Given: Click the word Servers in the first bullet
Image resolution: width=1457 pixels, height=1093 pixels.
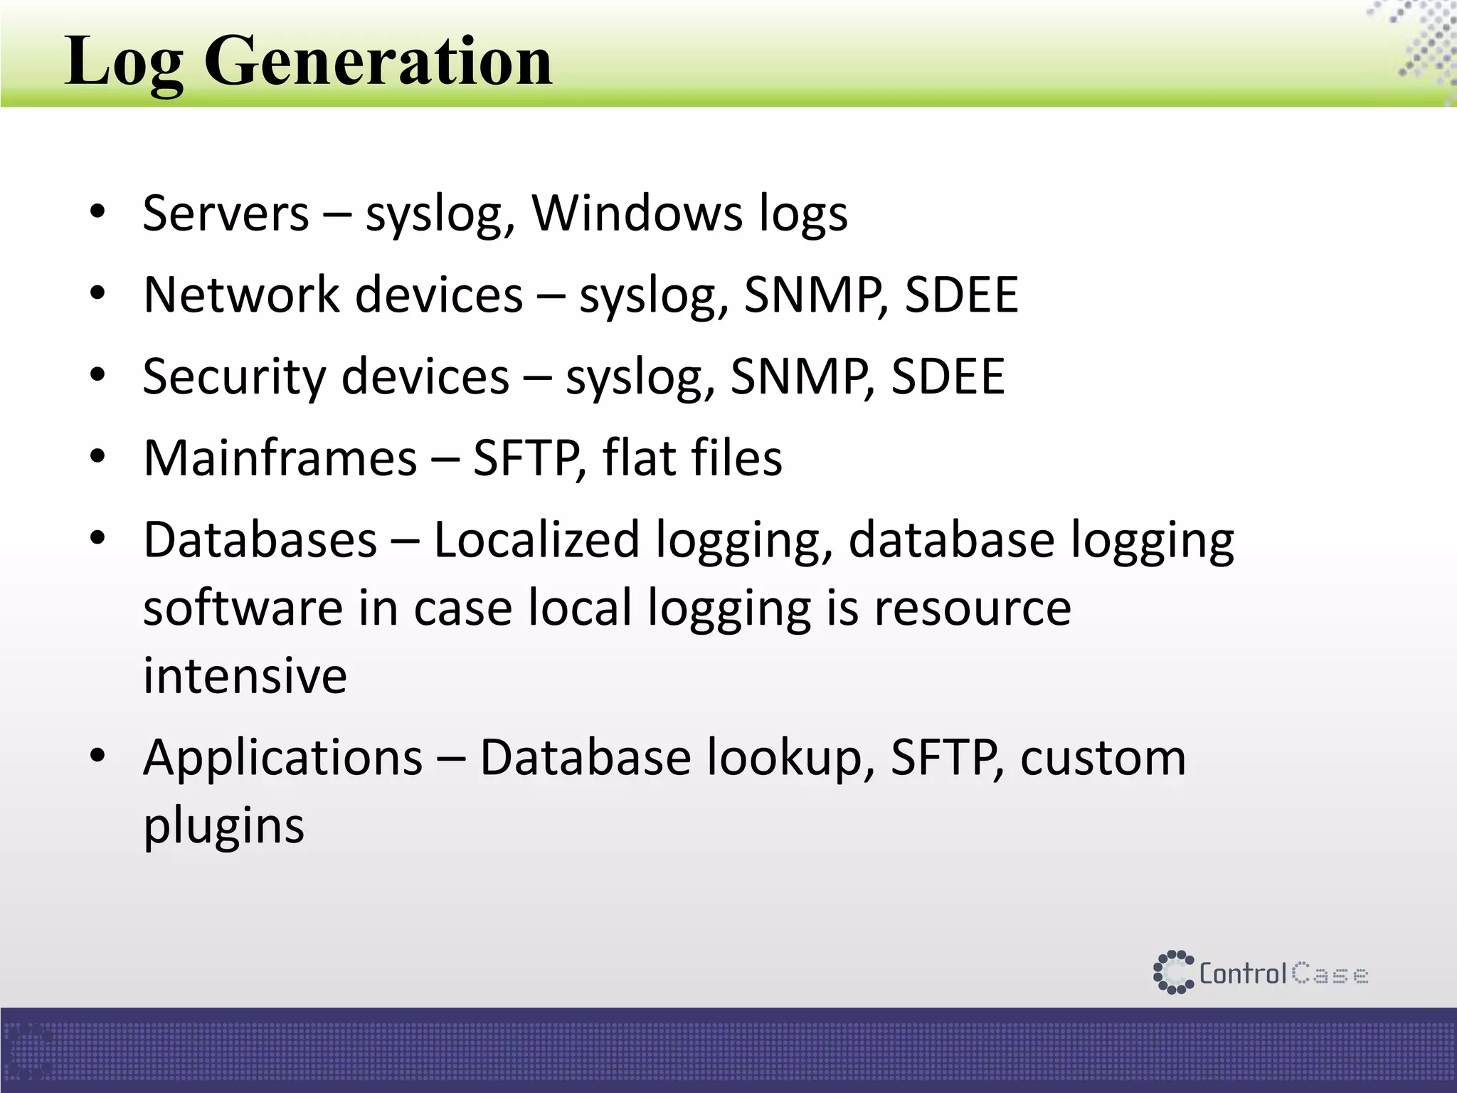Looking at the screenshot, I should click(x=226, y=213).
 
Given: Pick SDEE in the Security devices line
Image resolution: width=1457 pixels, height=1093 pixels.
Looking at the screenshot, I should click(x=948, y=376).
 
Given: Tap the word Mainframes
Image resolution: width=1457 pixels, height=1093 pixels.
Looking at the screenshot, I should click(x=280, y=458).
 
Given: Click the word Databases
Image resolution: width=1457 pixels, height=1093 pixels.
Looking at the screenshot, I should click(x=260, y=539).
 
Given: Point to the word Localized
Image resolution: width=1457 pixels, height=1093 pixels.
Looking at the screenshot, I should click(x=536, y=539).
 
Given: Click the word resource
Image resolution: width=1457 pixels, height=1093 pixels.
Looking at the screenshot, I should click(x=972, y=608).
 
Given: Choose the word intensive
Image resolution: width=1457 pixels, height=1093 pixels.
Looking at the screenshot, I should click(x=245, y=675).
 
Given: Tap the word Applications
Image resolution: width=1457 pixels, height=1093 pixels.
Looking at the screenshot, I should click(x=283, y=757).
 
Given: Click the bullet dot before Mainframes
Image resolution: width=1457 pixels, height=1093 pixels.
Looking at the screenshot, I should click(x=98, y=456).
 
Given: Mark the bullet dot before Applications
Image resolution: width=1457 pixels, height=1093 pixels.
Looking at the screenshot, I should click(x=98, y=755).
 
